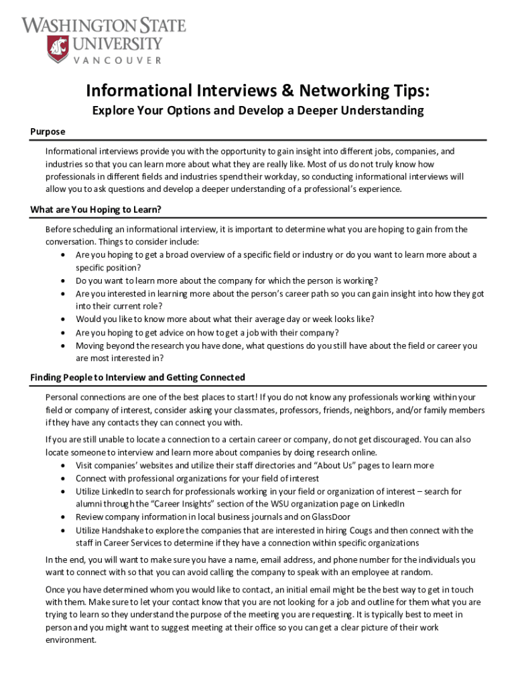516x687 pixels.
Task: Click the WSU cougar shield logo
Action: click(58, 49)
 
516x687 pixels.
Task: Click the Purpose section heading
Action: click(48, 131)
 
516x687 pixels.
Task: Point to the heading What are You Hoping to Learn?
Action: click(96, 209)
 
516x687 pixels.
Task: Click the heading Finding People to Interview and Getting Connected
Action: click(137, 377)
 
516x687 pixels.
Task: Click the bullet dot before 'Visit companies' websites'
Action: click(62, 466)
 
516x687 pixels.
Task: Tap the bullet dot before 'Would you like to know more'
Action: click(62, 319)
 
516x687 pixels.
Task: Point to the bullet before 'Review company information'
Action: click(62, 517)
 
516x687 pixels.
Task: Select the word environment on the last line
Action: click(71, 639)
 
